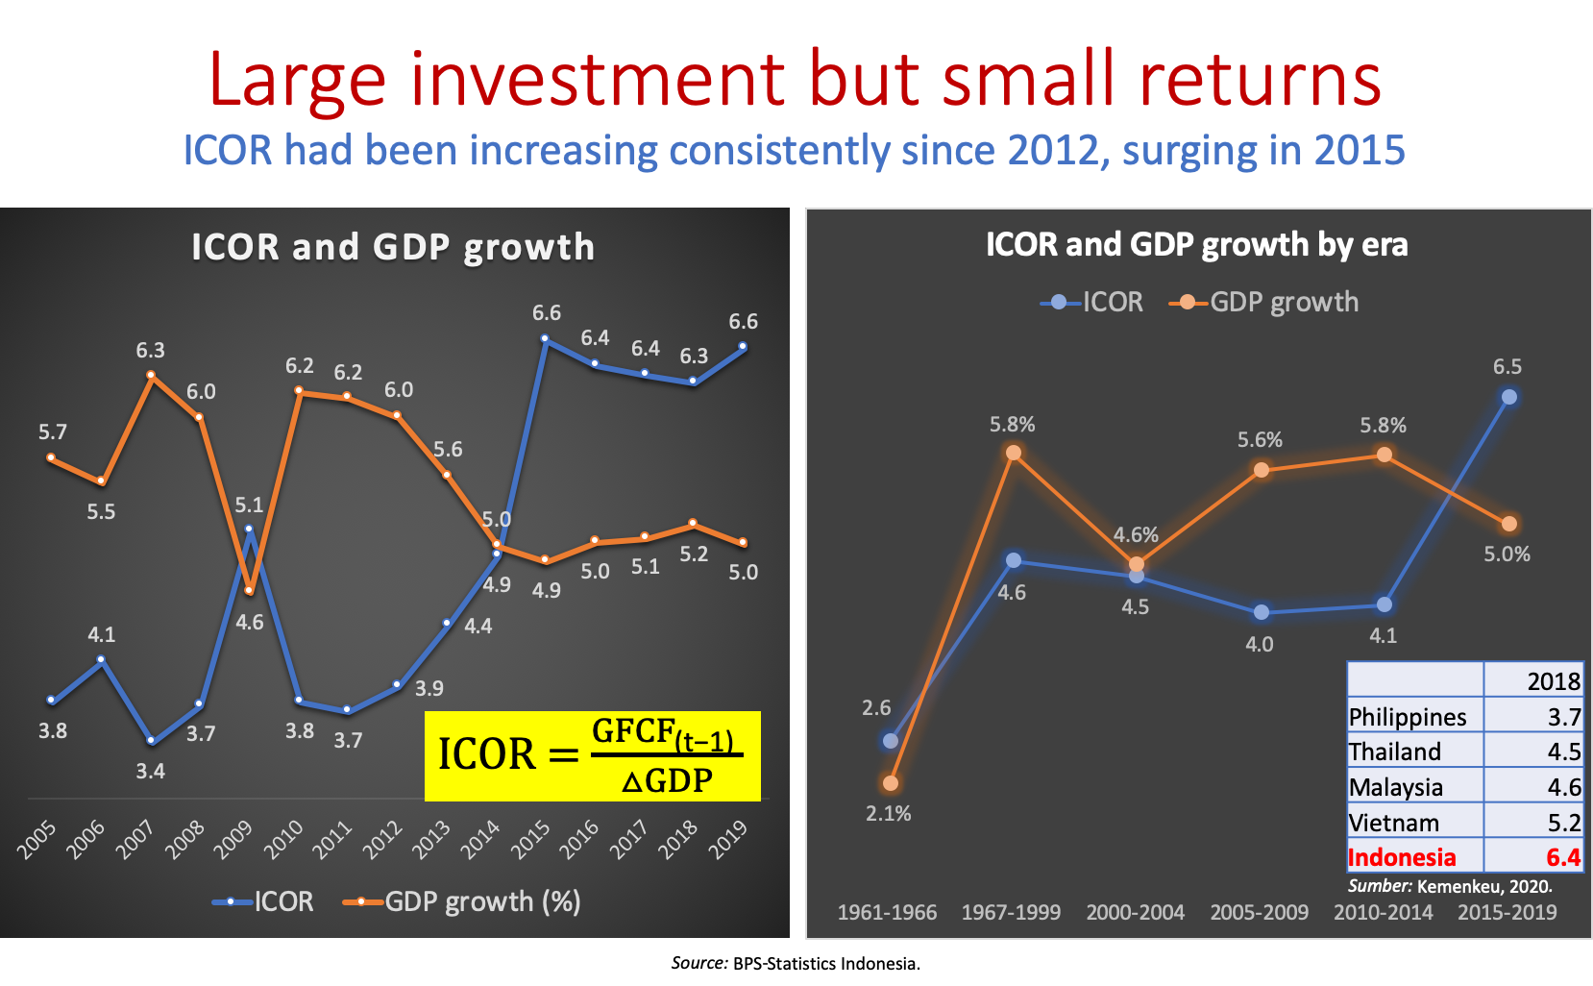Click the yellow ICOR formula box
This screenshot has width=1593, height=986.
[x=592, y=755]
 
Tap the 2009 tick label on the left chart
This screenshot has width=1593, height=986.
[x=233, y=839]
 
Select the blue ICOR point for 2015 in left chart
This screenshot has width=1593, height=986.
[x=545, y=339]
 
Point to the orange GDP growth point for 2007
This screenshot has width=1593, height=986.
[x=151, y=376]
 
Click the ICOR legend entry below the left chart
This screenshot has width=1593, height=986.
[x=264, y=901]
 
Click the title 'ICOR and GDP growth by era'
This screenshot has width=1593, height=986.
[x=1196, y=244]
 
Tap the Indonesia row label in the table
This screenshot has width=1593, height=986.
[x=1402, y=856]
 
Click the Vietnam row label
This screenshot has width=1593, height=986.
[x=1393, y=823]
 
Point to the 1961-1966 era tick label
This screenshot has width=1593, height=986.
[x=887, y=912]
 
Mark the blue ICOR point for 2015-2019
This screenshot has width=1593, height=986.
[x=1508, y=397]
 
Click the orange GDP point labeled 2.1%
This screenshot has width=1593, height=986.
[x=891, y=783]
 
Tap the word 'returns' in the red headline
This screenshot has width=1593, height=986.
[x=1260, y=79]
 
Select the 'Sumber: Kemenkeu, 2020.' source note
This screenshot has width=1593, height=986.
[x=1449, y=886]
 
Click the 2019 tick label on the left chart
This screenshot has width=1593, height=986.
[x=728, y=839]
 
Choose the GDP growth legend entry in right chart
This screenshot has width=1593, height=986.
[x=1265, y=302]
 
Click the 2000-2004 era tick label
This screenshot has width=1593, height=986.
[x=1135, y=912]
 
